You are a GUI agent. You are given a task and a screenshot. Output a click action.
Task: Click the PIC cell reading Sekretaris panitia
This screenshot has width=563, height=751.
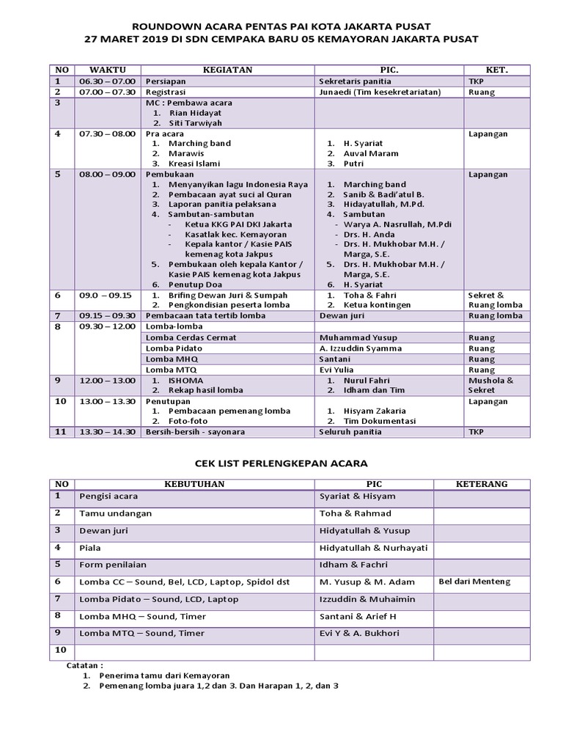click(355, 81)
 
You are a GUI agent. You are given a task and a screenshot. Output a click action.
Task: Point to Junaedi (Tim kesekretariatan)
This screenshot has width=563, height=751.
click(380, 92)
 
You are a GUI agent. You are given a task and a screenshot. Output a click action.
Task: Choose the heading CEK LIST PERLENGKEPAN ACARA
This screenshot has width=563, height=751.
click(281, 464)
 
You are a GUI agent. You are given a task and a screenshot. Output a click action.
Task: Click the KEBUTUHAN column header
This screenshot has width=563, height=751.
click(194, 484)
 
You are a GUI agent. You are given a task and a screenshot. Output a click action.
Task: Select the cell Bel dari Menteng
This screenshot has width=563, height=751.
click(474, 582)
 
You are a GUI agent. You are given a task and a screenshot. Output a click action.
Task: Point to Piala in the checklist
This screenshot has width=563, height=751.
click(89, 547)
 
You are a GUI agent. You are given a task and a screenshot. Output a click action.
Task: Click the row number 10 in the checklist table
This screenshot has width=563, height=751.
click(61, 650)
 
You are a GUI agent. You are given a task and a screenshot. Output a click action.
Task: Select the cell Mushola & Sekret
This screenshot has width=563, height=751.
click(490, 386)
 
